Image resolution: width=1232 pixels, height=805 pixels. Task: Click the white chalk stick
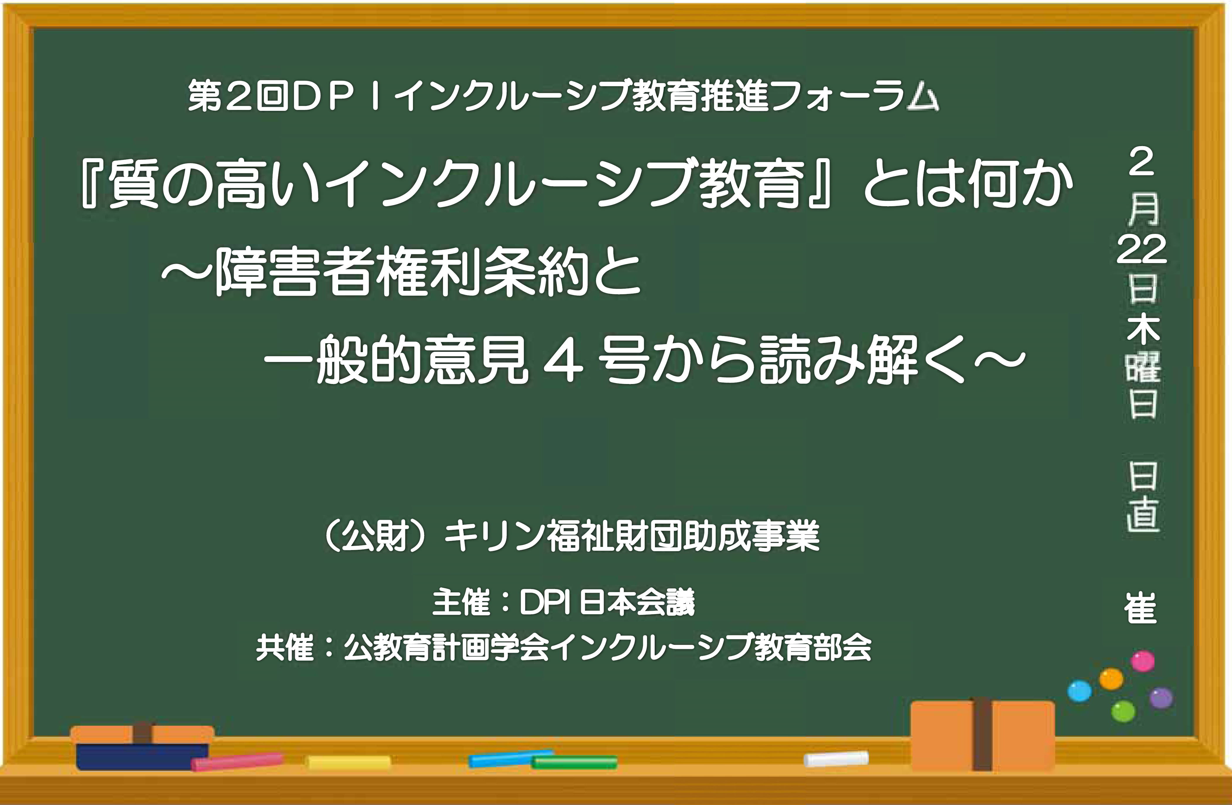pyautogui.click(x=836, y=759)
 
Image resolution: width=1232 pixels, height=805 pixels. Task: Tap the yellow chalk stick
pyautogui.click(x=349, y=762)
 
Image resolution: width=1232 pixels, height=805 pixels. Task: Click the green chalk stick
pyautogui.click(x=575, y=762)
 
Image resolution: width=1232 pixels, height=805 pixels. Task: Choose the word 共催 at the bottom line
pyautogui.click(x=285, y=648)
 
